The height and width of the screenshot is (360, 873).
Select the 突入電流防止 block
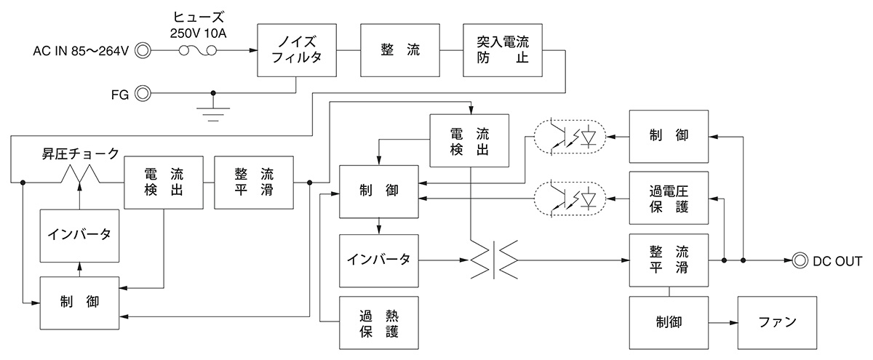point(503,50)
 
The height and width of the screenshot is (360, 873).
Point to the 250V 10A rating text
point(196,33)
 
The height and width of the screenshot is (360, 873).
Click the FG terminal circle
point(143,93)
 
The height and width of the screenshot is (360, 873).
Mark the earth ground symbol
point(213,111)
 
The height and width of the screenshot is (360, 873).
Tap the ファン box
point(777,321)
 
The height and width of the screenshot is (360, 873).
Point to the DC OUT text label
point(837,260)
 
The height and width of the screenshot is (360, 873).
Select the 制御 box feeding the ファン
point(669,321)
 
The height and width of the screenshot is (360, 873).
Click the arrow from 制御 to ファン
point(723,321)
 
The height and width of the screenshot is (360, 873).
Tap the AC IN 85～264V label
point(81,51)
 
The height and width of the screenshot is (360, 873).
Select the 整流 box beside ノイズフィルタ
point(399,50)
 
